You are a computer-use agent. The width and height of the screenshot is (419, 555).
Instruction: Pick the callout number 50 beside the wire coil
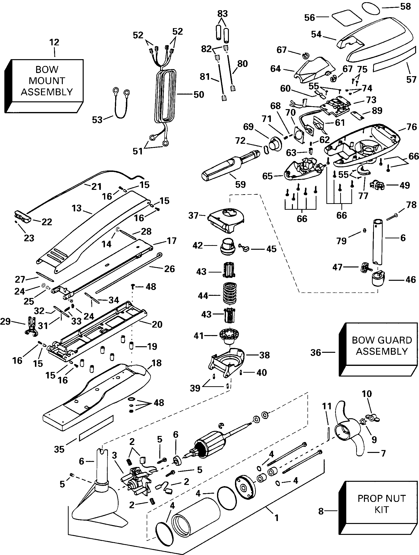click(x=199, y=95)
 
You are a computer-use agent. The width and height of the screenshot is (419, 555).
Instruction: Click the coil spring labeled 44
click(x=230, y=293)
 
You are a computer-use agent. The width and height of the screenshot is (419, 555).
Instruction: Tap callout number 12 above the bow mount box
click(x=54, y=42)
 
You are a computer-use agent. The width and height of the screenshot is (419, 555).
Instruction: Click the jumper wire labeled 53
click(x=121, y=103)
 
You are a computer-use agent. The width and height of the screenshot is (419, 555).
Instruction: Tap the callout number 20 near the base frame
click(x=157, y=324)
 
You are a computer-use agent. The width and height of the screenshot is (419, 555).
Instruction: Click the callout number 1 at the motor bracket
click(x=276, y=517)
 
